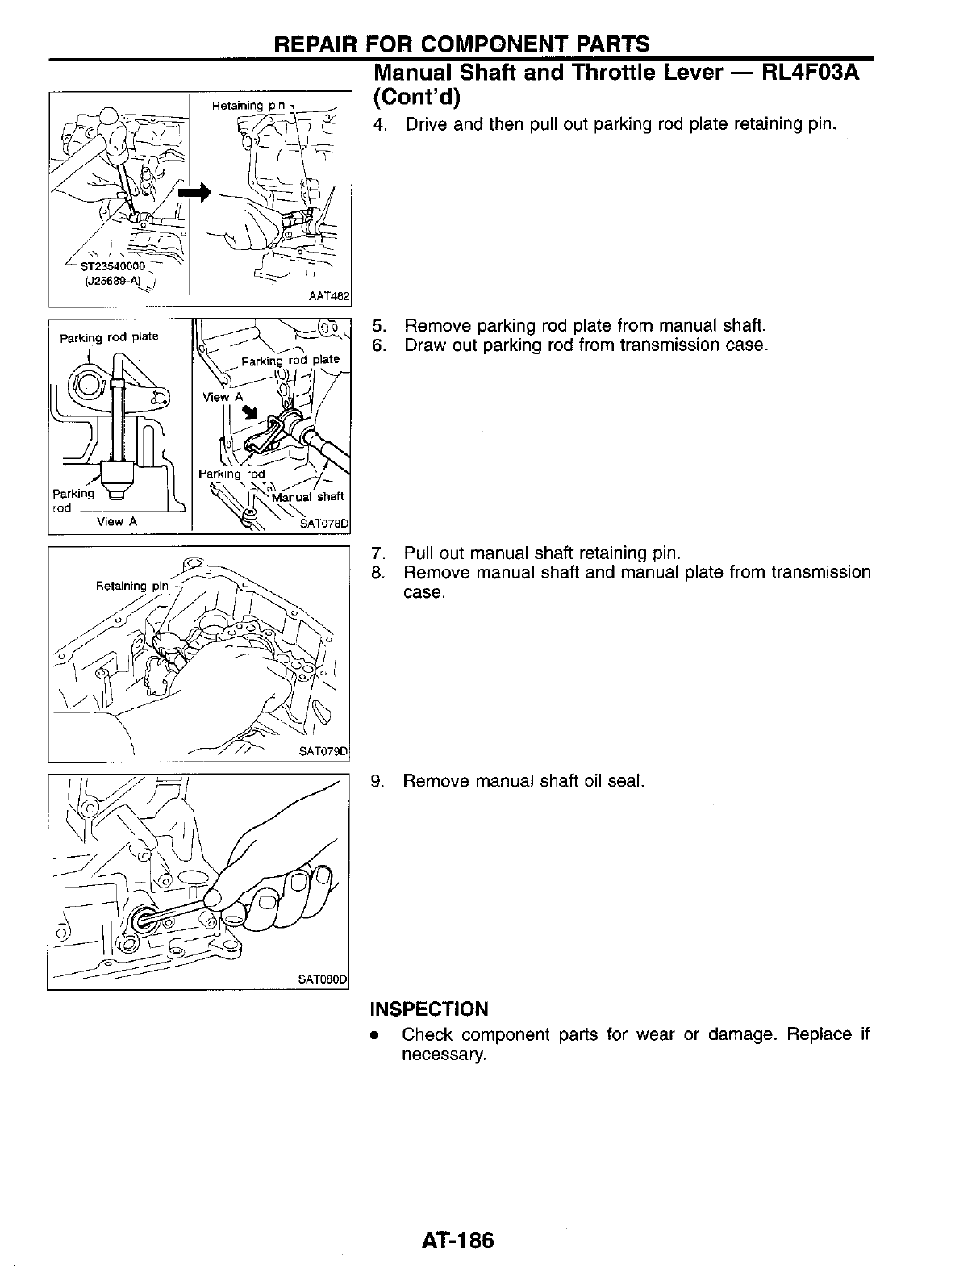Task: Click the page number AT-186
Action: point(456,1239)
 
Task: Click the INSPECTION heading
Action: point(428,1009)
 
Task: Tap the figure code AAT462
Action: point(328,297)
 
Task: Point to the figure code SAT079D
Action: point(323,752)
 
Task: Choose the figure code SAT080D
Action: point(322,980)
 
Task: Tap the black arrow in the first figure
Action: point(195,192)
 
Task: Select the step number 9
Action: point(377,781)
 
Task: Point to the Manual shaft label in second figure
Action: point(308,496)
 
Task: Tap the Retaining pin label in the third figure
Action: point(132,586)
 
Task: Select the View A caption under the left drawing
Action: point(117,521)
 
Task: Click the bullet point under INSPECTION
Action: point(374,1035)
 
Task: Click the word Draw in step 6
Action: point(424,345)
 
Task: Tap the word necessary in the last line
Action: point(443,1055)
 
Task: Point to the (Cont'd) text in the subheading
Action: point(415,98)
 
